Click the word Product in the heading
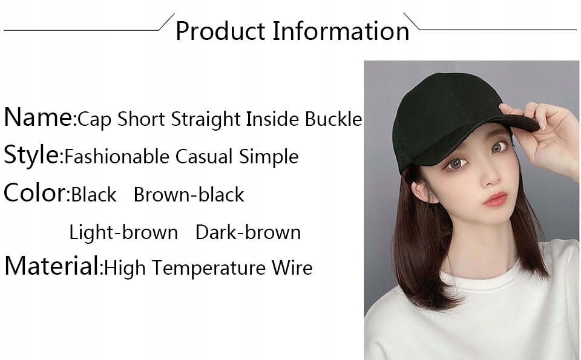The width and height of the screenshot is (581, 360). click(x=220, y=31)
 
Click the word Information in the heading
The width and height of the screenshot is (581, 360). click(x=341, y=30)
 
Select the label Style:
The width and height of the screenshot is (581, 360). click(x=33, y=155)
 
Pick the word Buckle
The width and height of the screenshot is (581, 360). click(x=333, y=119)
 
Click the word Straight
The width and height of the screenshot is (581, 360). click(x=206, y=120)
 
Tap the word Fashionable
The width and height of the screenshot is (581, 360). click(x=117, y=157)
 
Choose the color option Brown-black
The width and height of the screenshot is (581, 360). click(x=189, y=194)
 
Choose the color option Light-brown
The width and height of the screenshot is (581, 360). click(x=123, y=232)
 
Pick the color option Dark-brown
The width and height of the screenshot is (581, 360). click(x=248, y=232)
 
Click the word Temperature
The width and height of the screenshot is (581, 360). click(x=209, y=268)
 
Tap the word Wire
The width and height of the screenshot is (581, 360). click(x=292, y=268)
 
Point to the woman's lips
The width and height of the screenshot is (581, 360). click(x=496, y=199)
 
